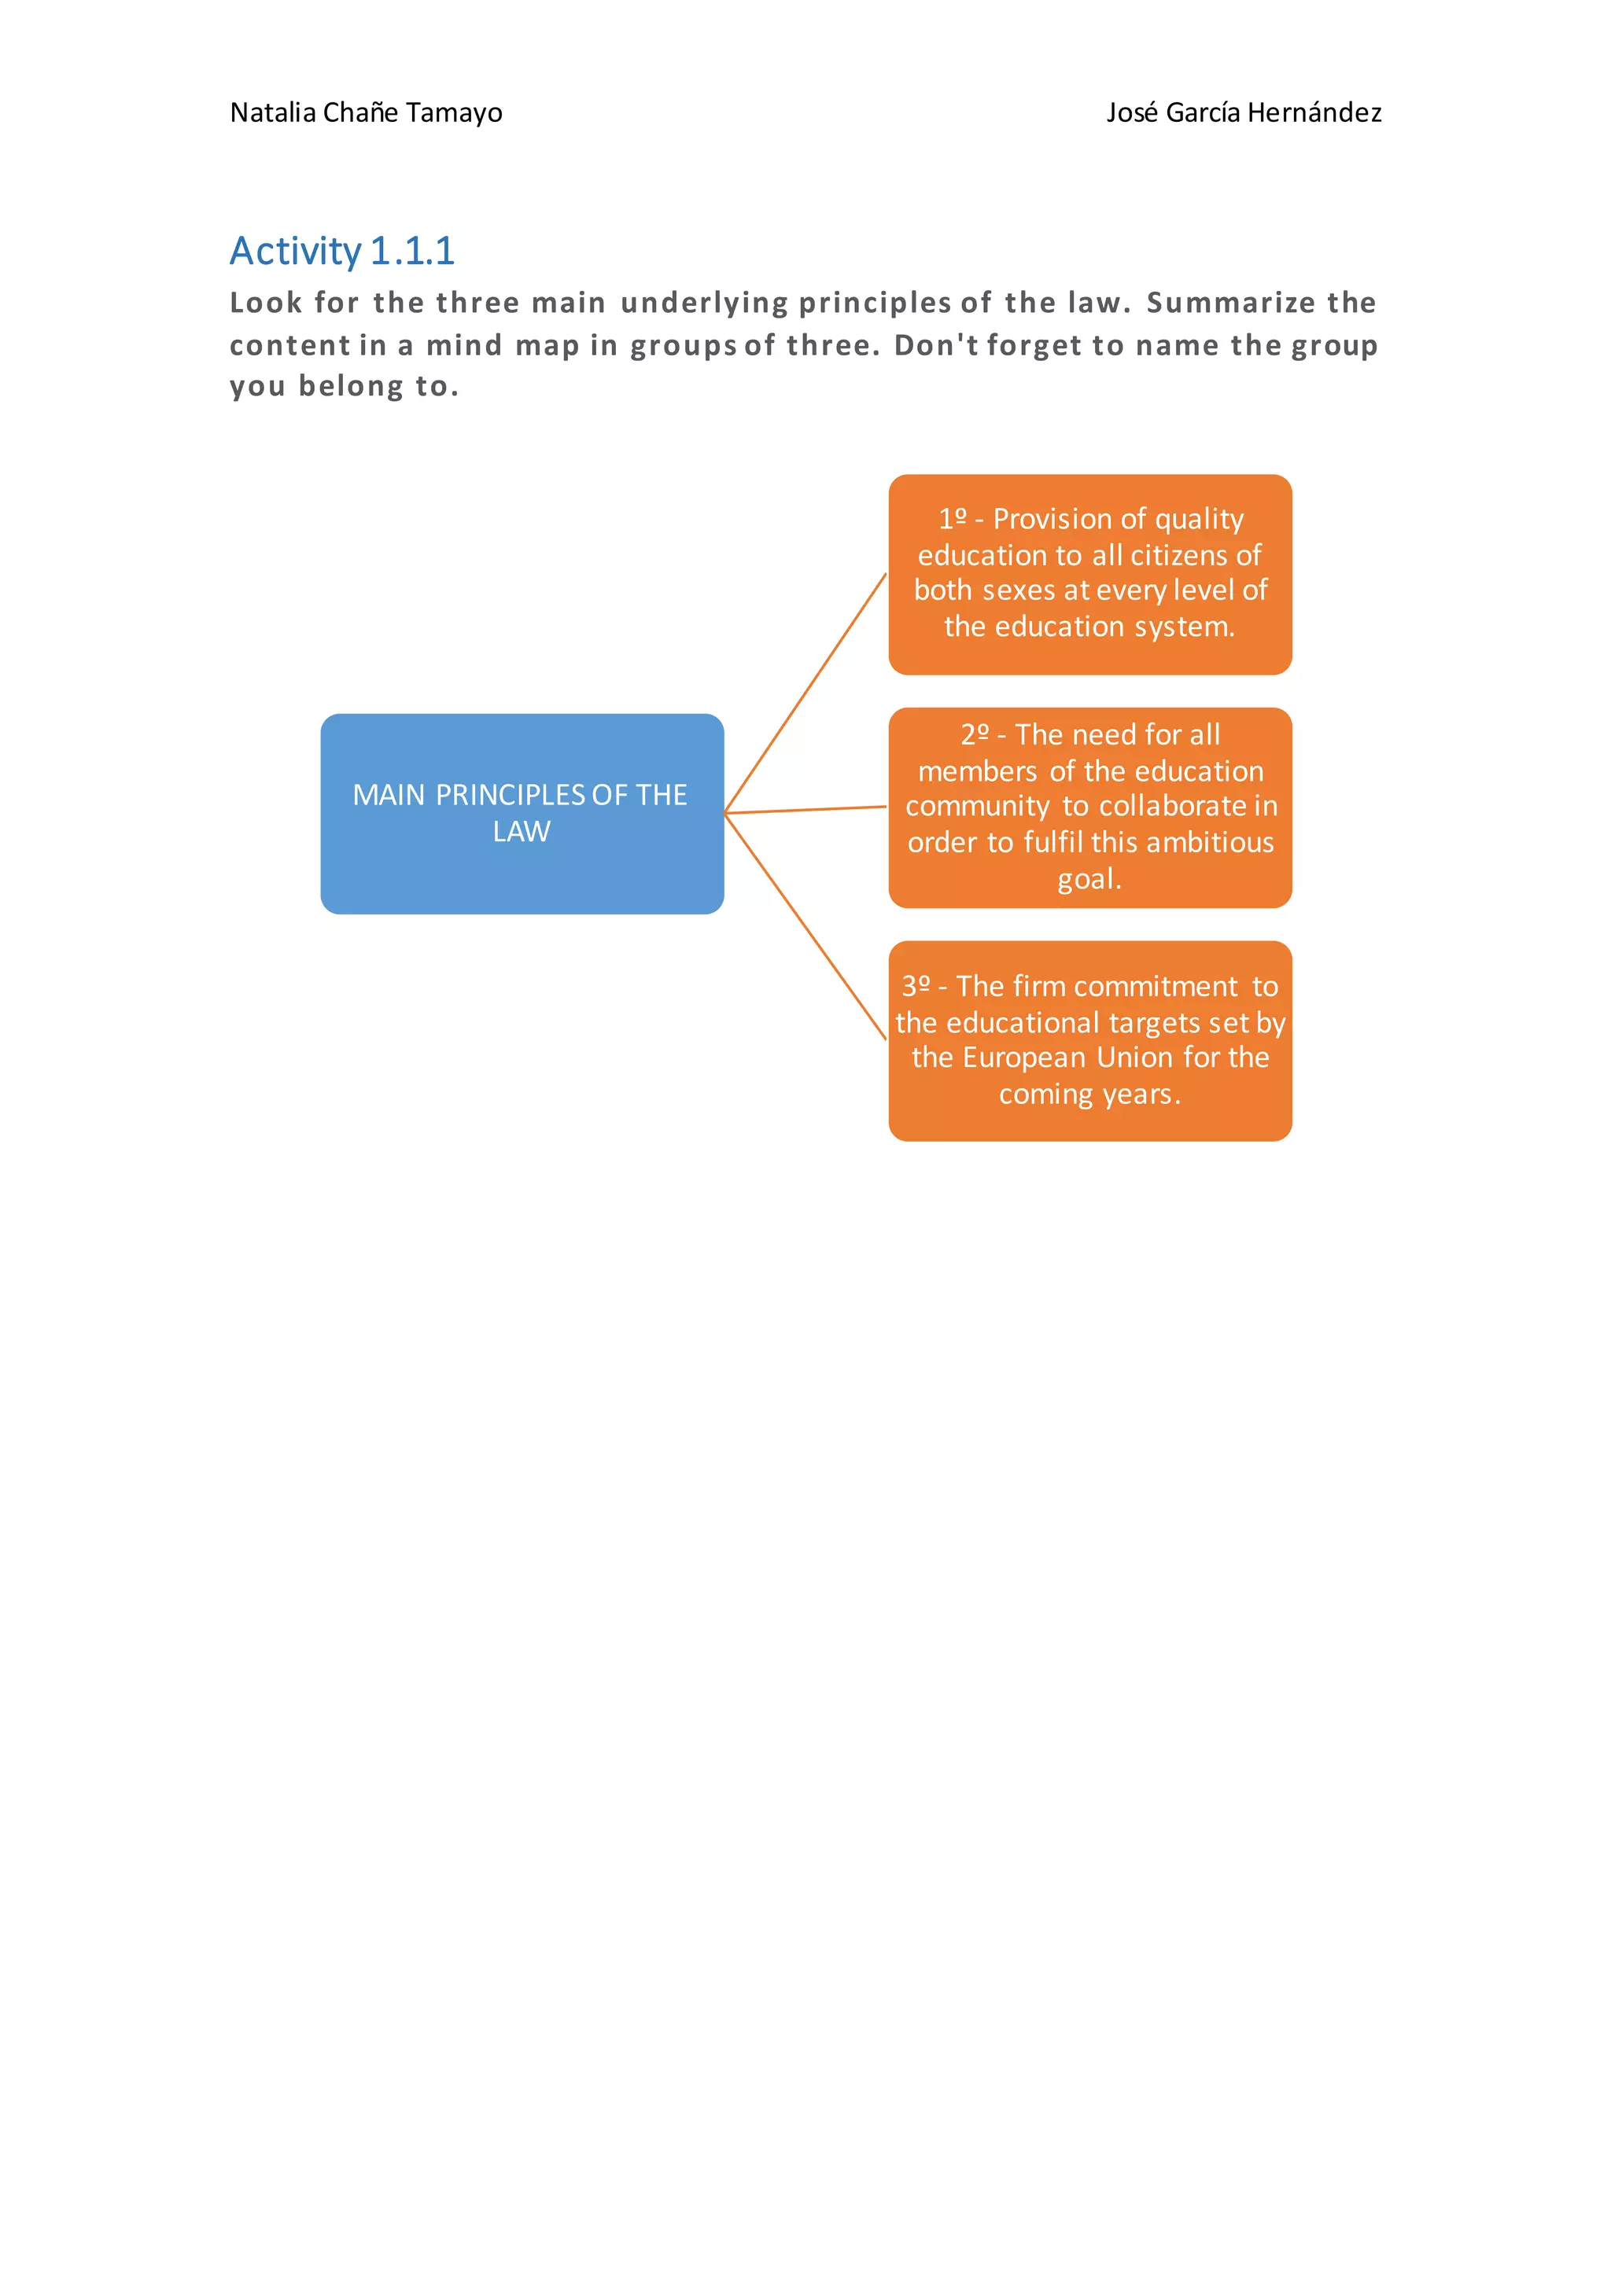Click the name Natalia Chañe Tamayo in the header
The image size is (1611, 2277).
point(366,113)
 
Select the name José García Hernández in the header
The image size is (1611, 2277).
point(1244,113)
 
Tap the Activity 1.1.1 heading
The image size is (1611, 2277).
point(342,251)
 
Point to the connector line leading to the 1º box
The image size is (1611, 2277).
point(805,692)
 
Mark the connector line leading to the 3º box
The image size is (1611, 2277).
point(805,926)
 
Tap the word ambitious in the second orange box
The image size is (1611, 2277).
point(1209,842)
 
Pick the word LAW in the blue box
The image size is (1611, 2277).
point(522,831)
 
